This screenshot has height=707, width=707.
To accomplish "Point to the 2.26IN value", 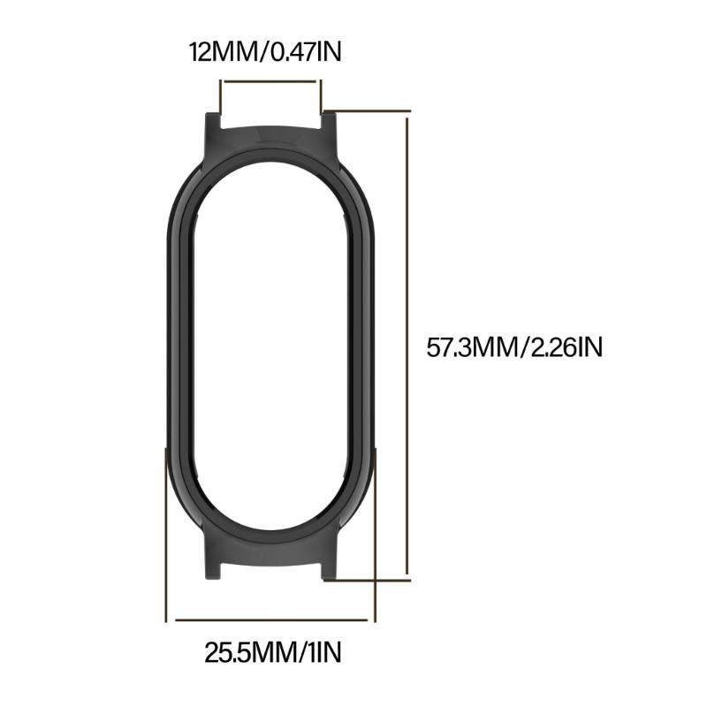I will (564, 346).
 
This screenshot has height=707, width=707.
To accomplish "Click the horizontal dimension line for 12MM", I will (270, 81).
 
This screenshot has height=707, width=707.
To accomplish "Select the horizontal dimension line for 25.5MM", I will (271, 618).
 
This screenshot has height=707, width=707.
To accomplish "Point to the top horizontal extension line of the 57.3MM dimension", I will (371, 111).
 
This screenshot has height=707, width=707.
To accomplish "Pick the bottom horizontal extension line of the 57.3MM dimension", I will (371, 581).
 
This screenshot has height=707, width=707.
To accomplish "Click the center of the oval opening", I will (271, 346).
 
